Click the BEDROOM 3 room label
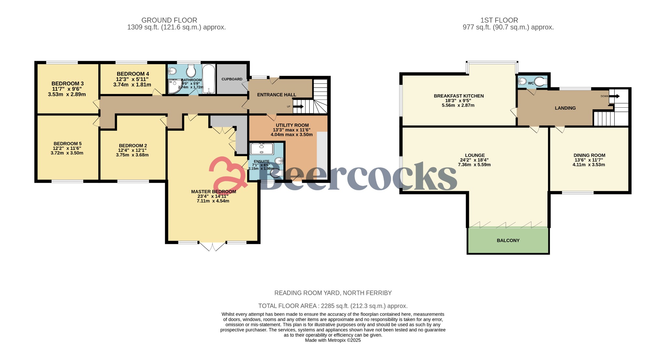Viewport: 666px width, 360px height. (x=67, y=84)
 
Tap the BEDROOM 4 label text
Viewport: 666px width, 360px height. (x=133, y=74)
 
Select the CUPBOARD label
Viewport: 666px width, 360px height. (x=232, y=79)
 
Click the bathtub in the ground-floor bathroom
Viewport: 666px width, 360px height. (x=208, y=79)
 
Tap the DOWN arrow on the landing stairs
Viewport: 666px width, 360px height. (x=615, y=96)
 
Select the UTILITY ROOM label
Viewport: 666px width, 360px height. (x=292, y=125)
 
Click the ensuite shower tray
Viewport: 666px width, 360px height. (x=261, y=149)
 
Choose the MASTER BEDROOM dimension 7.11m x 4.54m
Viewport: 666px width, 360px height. (x=213, y=201)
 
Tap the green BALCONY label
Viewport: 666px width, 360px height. (x=508, y=240)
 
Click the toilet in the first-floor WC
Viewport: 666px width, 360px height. (x=540, y=82)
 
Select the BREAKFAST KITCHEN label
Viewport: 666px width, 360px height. (x=459, y=96)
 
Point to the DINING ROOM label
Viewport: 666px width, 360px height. (x=589, y=155)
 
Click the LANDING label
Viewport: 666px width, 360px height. (x=565, y=108)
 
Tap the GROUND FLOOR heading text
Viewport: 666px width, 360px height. (x=169, y=20)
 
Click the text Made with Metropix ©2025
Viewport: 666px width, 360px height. (x=333, y=340)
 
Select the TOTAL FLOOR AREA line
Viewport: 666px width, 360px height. (x=333, y=306)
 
